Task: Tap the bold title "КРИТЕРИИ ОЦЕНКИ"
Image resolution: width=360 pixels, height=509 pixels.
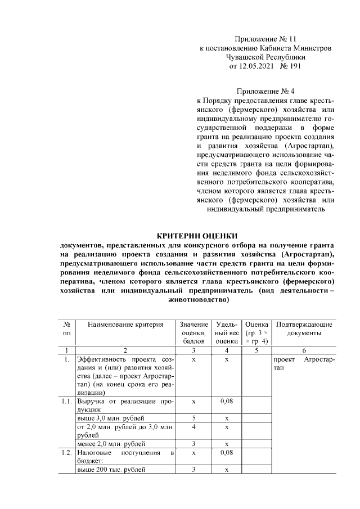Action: tap(197, 235)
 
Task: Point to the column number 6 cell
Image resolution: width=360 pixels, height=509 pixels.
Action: tap(304, 350)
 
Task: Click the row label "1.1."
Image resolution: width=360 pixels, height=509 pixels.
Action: tap(67, 403)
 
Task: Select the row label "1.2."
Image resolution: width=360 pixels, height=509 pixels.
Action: tap(67, 453)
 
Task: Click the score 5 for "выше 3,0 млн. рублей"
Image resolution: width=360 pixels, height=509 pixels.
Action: tap(193, 418)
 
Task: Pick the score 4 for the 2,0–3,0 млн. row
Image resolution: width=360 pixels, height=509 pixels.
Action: tap(193, 427)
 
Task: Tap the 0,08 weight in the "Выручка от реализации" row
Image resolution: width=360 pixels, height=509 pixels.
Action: tap(226, 403)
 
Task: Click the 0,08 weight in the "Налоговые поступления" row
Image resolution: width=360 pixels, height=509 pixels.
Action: tap(226, 453)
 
